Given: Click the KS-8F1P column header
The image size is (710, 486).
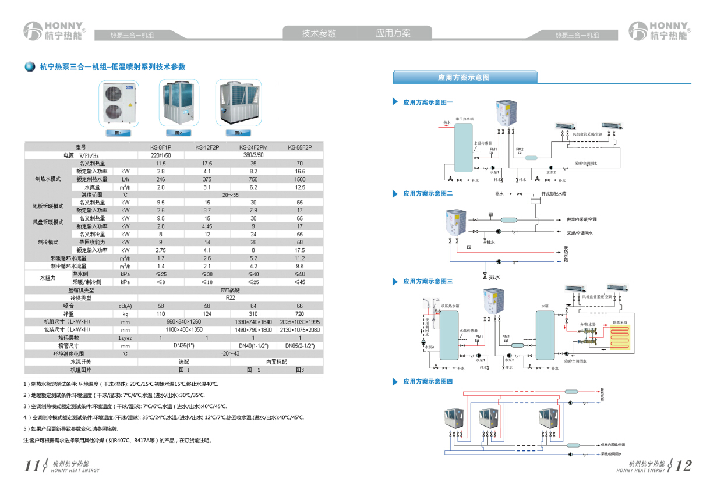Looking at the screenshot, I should pyautogui.click(x=161, y=148).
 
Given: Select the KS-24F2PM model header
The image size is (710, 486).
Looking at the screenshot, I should pyautogui.click(x=253, y=148).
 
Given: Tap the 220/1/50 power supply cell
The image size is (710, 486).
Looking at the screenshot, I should pyautogui.click(x=161, y=155).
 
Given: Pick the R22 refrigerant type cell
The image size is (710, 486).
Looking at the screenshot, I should pyautogui.click(x=230, y=297).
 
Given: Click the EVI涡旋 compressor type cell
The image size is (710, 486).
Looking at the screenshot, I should pyautogui.click(x=230, y=289).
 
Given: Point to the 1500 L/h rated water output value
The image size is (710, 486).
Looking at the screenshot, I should pyautogui.click(x=299, y=179).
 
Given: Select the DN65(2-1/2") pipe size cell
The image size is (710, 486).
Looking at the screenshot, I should pyautogui.click(x=299, y=346).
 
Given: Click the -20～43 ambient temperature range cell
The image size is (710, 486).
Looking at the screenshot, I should pyautogui.click(x=230, y=353).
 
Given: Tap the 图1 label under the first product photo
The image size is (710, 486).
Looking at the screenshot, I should pyautogui.click(x=118, y=133).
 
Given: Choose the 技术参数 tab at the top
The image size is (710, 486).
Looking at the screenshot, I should pyautogui.click(x=319, y=33).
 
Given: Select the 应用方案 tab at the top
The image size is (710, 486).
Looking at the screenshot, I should pyautogui.click(x=393, y=33).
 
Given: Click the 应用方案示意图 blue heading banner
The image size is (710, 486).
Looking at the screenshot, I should pyautogui.click(x=464, y=77).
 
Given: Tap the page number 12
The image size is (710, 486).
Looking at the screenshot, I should pyautogui.click(x=684, y=466).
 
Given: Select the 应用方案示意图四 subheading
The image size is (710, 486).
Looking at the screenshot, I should pyautogui.click(x=428, y=381).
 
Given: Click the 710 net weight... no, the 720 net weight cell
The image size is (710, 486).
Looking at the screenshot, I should pyautogui.click(x=299, y=314).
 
